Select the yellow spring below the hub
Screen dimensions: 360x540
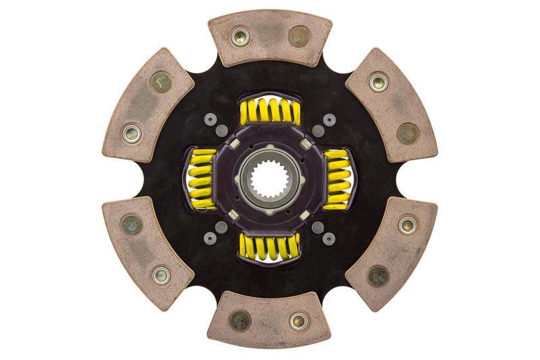tap(269, 248)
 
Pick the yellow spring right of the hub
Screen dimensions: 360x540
tap(337, 180)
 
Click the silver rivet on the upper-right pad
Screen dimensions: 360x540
tap(379, 82)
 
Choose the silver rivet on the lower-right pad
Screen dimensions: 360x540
tap(407, 225)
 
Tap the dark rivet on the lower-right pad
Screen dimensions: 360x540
tap(379, 275)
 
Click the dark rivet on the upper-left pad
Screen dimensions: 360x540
tap(161, 82)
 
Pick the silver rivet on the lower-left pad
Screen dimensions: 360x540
tap(161, 275)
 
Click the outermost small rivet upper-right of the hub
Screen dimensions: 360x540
tap(329, 120)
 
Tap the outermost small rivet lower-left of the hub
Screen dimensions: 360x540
tap(210, 238)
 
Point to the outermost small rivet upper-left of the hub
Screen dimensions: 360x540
tap(210, 120)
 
